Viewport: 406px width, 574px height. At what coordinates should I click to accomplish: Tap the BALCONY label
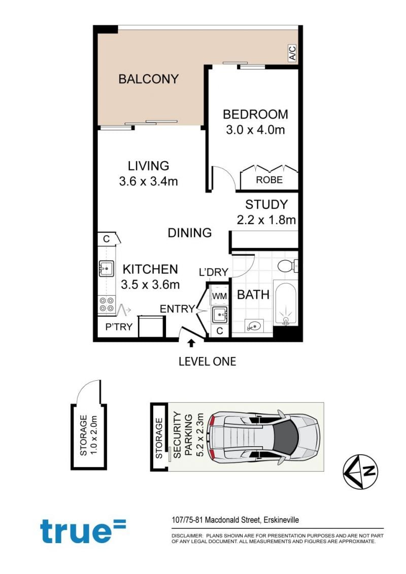[x=148, y=79]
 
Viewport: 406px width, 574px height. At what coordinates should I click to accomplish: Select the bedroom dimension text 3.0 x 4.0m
[x=255, y=130]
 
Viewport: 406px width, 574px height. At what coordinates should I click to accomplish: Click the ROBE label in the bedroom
[x=269, y=180]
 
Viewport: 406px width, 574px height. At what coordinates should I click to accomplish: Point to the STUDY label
[x=266, y=204]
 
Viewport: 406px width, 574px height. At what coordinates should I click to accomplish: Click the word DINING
[x=189, y=233]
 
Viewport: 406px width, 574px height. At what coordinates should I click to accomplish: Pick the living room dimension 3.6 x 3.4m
[x=148, y=181]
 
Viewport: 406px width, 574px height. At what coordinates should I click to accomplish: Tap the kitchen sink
[x=106, y=268]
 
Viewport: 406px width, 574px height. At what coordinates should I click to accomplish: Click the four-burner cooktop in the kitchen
[x=107, y=304]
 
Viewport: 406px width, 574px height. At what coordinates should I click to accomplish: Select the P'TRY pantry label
[x=119, y=327]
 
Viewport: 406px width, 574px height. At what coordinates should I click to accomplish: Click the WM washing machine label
[x=219, y=296]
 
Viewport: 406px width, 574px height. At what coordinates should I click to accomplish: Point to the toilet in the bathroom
[x=288, y=266]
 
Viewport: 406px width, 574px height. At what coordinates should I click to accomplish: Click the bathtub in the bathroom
[x=285, y=303]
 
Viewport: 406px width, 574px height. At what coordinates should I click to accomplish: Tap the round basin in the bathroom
[x=252, y=326]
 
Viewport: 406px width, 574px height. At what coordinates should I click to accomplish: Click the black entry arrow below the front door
[x=190, y=343]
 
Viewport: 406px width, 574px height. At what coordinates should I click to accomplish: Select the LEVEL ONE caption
[x=208, y=362]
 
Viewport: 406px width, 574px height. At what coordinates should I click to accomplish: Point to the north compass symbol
[x=360, y=472]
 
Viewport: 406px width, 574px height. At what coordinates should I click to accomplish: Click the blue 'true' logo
[x=83, y=531]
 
